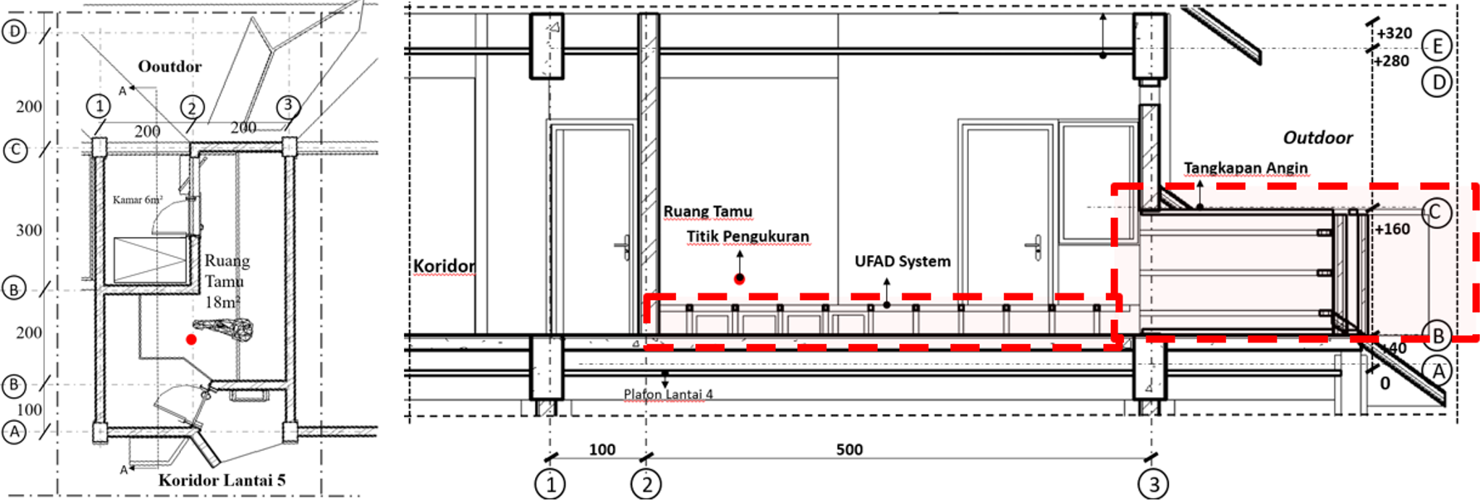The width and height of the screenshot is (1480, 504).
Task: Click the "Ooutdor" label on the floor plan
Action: pos(169,66)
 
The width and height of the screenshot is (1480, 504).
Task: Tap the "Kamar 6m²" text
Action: pos(138,200)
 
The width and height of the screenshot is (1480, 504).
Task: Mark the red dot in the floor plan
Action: pos(192,339)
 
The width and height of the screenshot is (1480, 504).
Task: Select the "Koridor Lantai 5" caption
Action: pos(222,480)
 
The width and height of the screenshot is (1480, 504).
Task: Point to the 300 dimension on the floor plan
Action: pos(29,230)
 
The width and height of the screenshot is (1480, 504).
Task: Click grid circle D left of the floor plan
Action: pos(15,32)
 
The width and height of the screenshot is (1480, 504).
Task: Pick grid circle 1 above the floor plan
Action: pos(99,106)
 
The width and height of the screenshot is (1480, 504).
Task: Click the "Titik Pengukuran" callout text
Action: pos(747,236)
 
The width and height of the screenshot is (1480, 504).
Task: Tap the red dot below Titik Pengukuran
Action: pos(739,279)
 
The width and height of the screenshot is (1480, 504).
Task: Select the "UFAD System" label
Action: pos(903,261)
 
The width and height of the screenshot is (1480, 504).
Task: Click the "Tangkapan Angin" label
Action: pos(1245,167)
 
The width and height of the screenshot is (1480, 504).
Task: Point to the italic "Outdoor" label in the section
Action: pos(1317,138)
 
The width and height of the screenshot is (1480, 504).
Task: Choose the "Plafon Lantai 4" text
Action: pos(668,394)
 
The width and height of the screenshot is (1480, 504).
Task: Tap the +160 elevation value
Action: pos(1391,229)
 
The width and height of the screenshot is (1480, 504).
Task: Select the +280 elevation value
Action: pos(1391,61)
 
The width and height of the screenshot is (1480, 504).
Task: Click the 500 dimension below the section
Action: pos(849,449)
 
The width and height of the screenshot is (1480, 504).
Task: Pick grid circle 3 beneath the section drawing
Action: pos(1153,484)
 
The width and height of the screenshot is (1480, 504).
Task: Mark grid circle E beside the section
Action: pos(1437,46)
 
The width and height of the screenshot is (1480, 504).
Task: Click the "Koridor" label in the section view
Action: pos(444,266)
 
